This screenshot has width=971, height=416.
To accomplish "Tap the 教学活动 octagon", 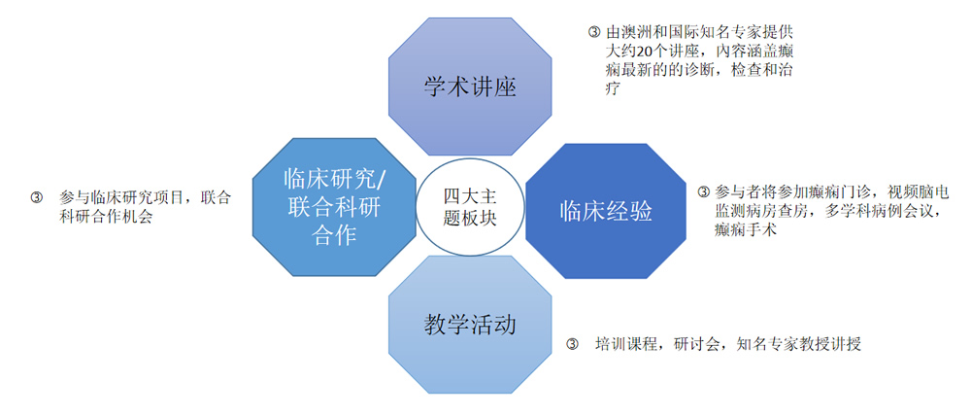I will (x=470, y=325).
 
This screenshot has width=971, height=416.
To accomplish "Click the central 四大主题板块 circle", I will (x=470, y=206).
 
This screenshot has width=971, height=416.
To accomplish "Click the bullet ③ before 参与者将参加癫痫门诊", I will (x=704, y=191).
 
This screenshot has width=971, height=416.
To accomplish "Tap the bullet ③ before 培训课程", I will (x=573, y=344).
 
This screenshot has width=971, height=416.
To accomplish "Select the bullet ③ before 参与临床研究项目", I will (x=38, y=197).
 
